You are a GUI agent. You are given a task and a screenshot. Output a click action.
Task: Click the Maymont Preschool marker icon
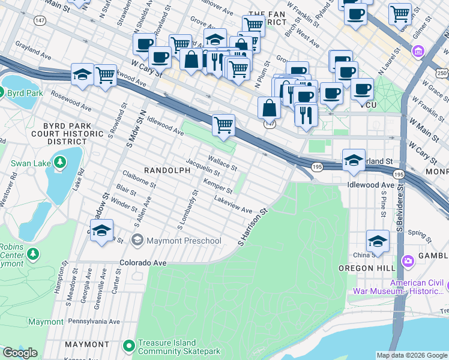click(x=137, y=241)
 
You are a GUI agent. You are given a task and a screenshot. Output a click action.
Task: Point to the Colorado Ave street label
click(x=142, y=263)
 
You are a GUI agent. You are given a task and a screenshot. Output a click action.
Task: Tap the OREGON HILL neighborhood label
click(x=366, y=268)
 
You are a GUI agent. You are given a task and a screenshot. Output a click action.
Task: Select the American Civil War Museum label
click(x=418, y=287)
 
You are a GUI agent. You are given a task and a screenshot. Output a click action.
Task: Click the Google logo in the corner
click(x=20, y=353)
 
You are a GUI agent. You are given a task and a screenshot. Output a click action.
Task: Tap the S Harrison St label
click(x=252, y=227)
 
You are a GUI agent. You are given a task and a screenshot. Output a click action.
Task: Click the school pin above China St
click(x=378, y=241)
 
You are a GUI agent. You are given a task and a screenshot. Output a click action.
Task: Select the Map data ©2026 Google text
click(x=412, y=355)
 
